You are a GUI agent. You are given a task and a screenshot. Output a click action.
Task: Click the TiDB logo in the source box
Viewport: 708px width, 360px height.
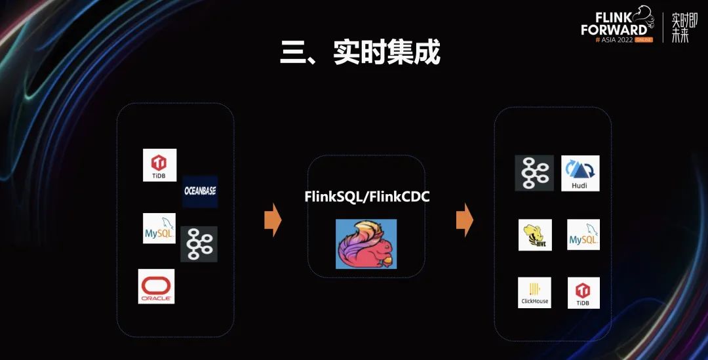click(160, 165)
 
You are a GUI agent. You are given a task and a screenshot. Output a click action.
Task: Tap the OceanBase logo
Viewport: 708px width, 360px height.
click(200, 191)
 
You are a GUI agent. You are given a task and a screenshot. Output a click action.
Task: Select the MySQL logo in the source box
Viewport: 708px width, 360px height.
click(159, 228)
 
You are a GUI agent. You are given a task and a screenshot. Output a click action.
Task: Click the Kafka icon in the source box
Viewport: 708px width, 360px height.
click(199, 244)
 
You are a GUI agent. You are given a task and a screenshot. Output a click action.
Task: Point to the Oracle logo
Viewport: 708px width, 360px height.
click(157, 286)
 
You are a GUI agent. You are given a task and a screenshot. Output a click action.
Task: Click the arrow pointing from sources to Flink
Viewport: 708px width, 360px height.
click(272, 220)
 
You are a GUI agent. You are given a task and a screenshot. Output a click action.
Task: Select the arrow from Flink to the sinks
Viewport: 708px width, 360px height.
click(464, 220)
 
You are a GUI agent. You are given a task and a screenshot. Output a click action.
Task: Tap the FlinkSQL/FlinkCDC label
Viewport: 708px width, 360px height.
click(366, 197)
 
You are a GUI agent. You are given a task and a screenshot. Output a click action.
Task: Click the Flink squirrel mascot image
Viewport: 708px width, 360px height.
click(366, 243)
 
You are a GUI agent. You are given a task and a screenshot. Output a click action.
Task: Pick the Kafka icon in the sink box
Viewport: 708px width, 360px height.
click(534, 173)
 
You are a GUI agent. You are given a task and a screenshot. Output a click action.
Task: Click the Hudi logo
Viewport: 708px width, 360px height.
click(580, 173)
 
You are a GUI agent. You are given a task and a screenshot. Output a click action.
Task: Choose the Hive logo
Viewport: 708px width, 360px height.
click(535, 235)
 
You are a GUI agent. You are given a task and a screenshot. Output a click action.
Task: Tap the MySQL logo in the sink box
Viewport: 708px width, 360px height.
click(583, 235)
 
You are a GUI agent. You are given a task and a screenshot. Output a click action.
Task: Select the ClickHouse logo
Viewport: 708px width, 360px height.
click(534, 292)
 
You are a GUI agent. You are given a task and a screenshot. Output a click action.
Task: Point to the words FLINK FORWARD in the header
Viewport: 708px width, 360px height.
click(612, 24)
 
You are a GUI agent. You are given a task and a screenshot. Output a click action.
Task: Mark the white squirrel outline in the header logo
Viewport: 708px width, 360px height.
click(644, 14)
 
